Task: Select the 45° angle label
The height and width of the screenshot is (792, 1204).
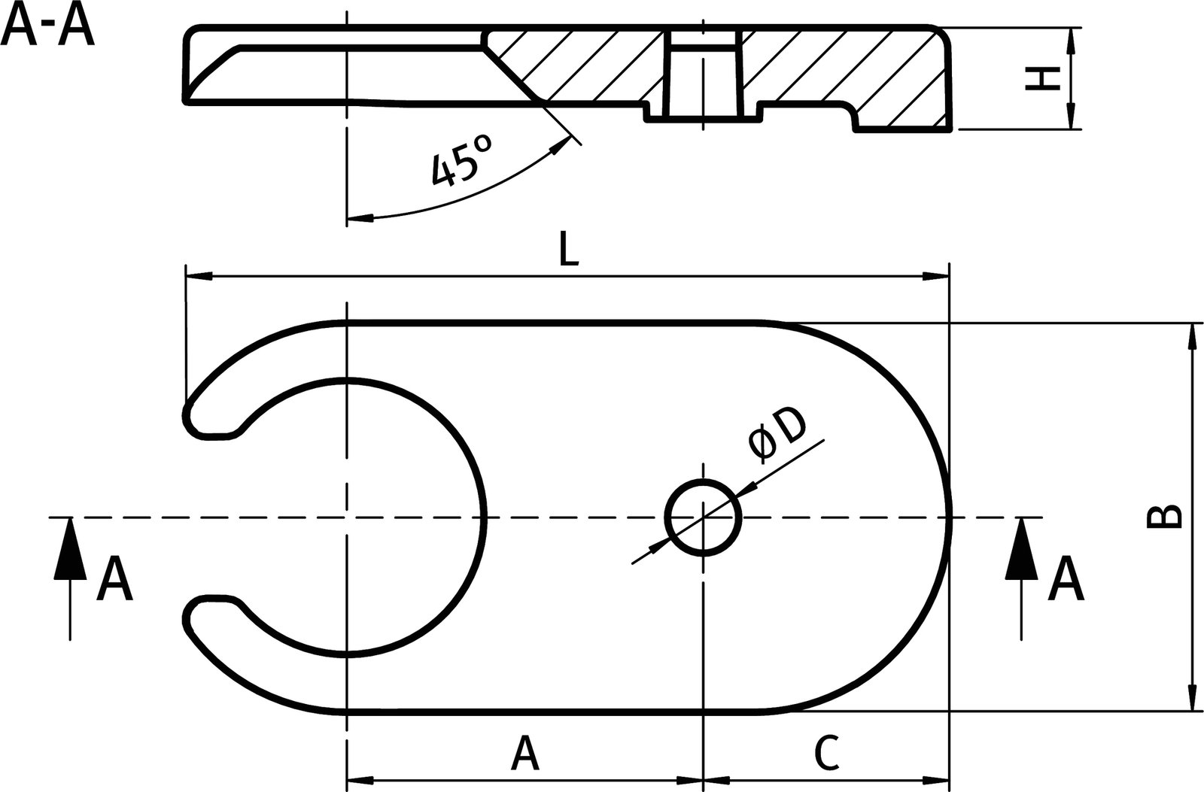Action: pyautogui.click(x=461, y=159)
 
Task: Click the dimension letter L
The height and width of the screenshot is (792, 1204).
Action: pyautogui.click(x=569, y=251)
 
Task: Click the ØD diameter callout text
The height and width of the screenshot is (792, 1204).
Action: pyautogui.click(x=777, y=435)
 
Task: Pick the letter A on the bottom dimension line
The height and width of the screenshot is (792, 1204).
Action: pyautogui.click(x=524, y=754)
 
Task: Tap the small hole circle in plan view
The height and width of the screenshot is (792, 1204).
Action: pyautogui.click(x=703, y=517)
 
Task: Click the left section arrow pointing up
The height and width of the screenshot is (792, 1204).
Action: pyautogui.click(x=69, y=549)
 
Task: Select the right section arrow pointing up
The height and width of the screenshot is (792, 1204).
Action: pyautogui.click(x=1022, y=549)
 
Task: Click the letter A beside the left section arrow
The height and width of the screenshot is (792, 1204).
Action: pyautogui.click(x=114, y=580)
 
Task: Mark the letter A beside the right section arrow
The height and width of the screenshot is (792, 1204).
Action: pyautogui.click(x=1066, y=580)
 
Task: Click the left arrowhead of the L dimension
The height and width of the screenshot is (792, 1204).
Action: pyautogui.click(x=197, y=278)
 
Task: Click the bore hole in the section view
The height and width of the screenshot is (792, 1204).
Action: pyautogui.click(x=703, y=75)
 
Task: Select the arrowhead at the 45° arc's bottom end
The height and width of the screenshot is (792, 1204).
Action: pyautogui.click(x=360, y=218)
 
